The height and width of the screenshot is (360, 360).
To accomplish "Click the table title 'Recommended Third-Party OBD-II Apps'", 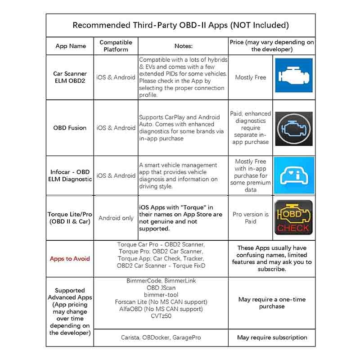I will click(180, 25).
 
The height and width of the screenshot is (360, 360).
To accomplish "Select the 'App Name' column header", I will click(71, 46).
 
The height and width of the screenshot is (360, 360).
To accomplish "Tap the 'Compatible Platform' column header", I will click(116, 46).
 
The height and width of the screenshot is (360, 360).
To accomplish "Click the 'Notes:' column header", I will click(183, 46).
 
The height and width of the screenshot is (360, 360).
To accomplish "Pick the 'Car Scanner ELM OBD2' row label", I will click(70, 77).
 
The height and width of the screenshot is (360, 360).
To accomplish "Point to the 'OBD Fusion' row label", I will click(70, 128).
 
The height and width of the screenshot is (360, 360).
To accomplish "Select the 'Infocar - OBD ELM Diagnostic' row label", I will click(70, 175).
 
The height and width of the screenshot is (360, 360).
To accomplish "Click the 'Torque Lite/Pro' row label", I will click(70, 218).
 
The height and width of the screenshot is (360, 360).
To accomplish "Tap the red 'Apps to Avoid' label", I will click(70, 259).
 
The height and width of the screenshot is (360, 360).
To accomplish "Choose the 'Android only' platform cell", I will click(116, 218).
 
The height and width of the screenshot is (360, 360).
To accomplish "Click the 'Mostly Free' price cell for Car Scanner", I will click(251, 77).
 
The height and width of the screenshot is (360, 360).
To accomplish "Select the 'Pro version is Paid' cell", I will click(251, 218).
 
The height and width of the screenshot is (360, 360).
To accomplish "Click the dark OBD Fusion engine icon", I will click(294, 128).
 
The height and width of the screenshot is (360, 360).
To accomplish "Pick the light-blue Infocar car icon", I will click(294, 175).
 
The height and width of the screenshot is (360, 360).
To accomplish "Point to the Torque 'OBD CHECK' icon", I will click(293, 218).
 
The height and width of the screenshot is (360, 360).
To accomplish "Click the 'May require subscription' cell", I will click(272, 337).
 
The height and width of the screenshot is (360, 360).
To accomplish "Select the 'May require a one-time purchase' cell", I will click(272, 303).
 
